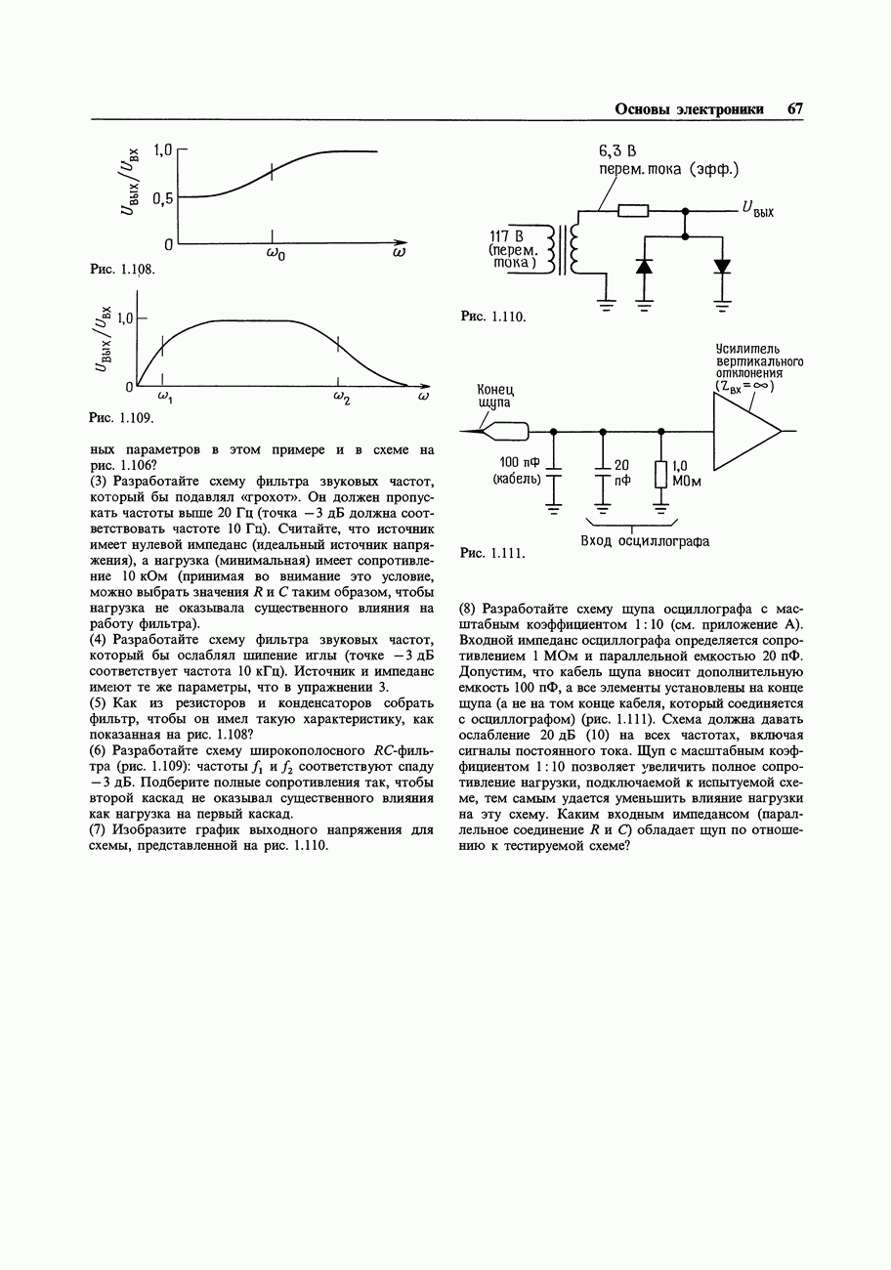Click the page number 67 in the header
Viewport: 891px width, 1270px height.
[x=794, y=109]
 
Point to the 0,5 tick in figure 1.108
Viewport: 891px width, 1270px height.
[x=160, y=197]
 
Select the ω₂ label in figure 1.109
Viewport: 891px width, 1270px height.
[x=340, y=399]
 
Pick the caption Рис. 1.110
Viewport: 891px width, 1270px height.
[x=493, y=317]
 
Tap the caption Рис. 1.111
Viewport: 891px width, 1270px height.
[x=493, y=554]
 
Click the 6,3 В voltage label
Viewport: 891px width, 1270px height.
[x=617, y=151]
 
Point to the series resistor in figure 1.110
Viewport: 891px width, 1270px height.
[x=633, y=210]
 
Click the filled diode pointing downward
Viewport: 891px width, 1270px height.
[x=722, y=266]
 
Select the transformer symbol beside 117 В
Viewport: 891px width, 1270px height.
[x=564, y=250]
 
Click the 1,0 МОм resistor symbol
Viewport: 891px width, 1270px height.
[x=660, y=475]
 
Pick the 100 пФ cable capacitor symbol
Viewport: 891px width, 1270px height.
[x=554, y=474]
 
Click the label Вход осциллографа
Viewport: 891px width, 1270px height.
[x=645, y=541]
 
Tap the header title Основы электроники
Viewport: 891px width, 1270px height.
[x=689, y=109]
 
